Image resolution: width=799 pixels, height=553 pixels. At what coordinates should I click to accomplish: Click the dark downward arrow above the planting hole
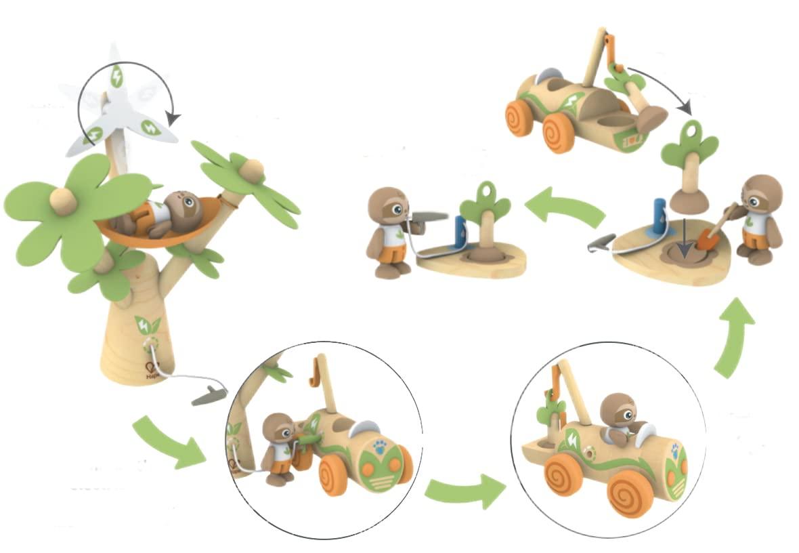coord(685,245)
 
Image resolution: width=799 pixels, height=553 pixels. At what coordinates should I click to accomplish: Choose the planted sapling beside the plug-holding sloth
coord(484,220)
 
